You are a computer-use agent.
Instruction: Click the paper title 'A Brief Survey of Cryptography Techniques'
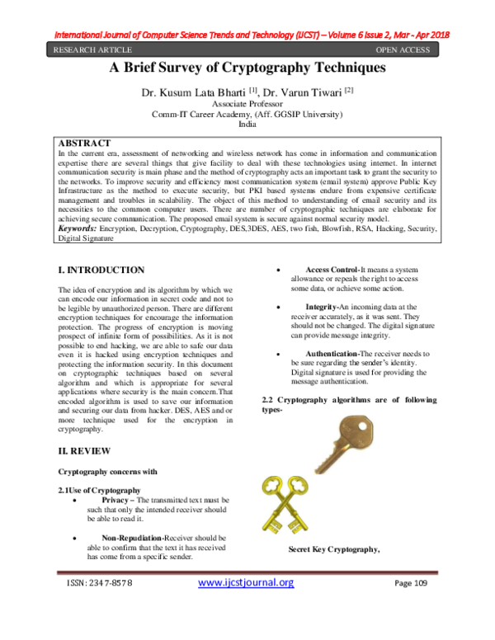pyautogui.click(x=247, y=69)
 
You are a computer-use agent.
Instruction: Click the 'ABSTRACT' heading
pyautogui.click(x=86, y=141)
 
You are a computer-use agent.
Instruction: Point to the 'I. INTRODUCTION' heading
pyautogui.click(x=101, y=270)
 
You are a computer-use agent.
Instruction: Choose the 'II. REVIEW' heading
pyautogui.click(x=84, y=452)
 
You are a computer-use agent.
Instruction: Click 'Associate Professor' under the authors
pyautogui.click(x=247, y=106)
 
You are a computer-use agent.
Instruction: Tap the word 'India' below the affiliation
pyautogui.click(x=247, y=124)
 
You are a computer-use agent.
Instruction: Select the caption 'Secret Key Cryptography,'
pyautogui.click(x=333, y=549)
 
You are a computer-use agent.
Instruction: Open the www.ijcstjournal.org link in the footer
pyautogui.click(x=247, y=583)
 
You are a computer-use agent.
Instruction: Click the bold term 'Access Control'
pyautogui.click(x=332, y=270)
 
